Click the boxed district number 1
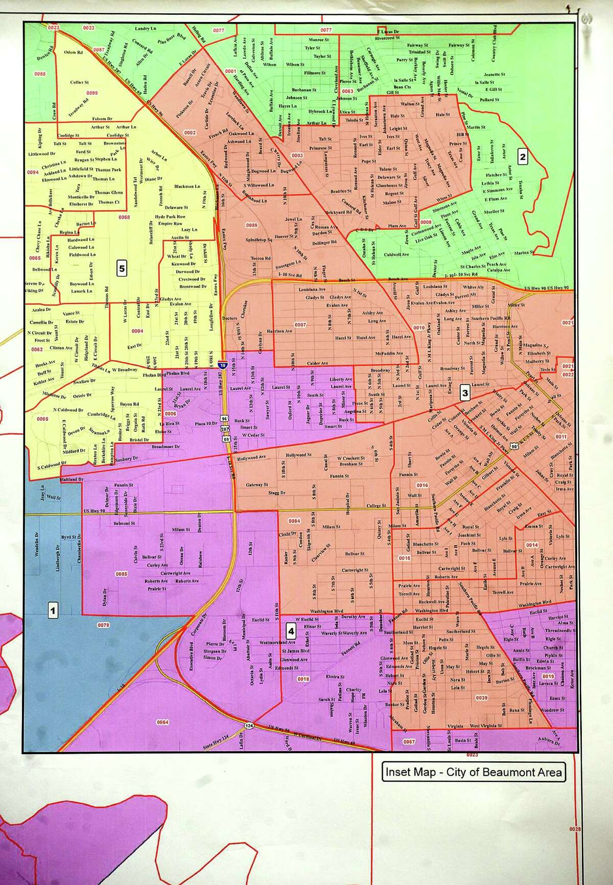click(53, 609)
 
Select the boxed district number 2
click(522, 157)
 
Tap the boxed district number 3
click(465, 392)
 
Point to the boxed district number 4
click(291, 631)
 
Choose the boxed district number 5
click(121, 268)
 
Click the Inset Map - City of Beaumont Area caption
click(473, 772)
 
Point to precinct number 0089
click(251, 225)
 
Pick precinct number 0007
click(300, 325)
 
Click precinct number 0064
click(162, 722)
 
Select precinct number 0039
click(481, 697)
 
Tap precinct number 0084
click(294, 521)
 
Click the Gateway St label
click(256, 484)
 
